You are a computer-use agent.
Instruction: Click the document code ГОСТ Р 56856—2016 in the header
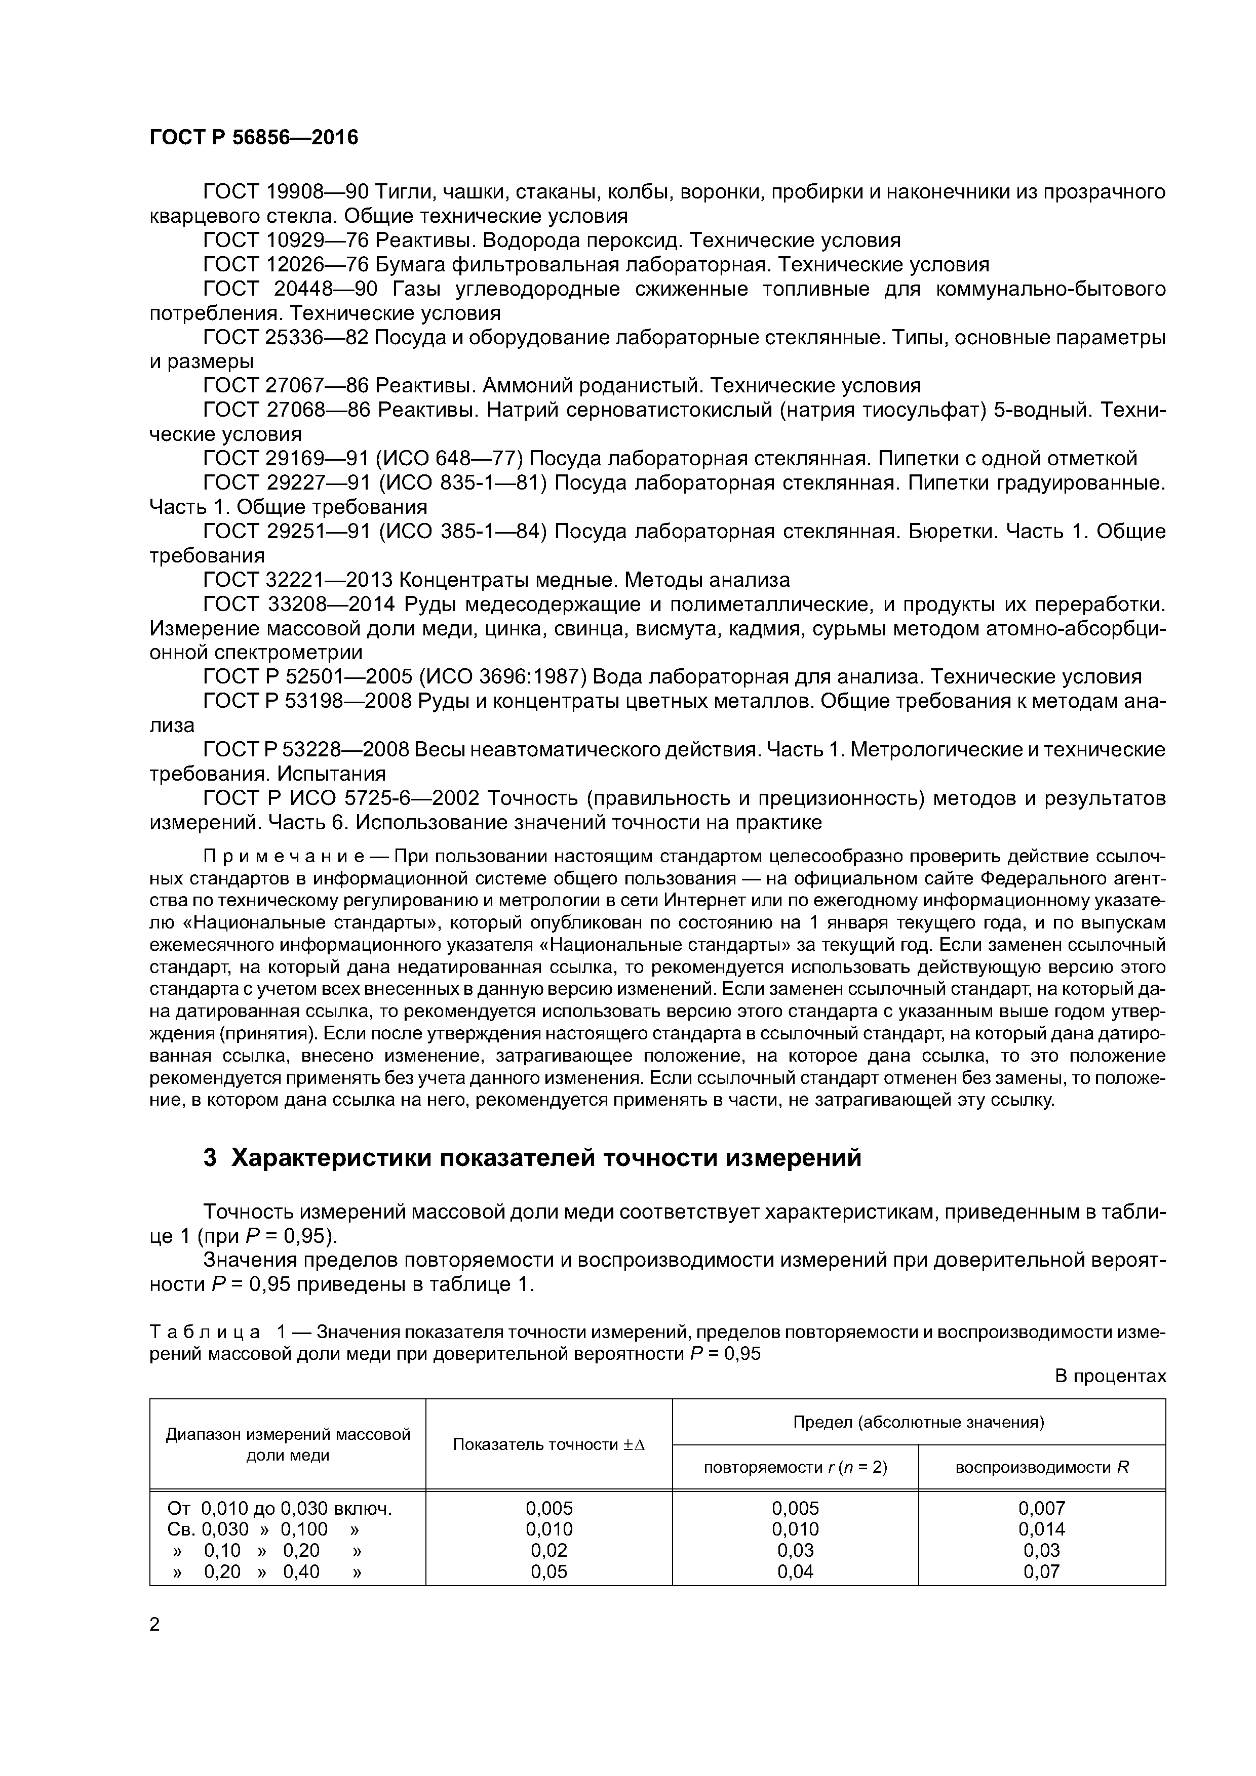(x=254, y=138)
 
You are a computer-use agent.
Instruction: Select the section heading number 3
(x=210, y=1158)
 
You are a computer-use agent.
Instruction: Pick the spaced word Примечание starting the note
(x=284, y=857)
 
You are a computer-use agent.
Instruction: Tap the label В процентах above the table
(x=1110, y=1376)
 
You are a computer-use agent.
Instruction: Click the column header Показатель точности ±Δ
(x=548, y=1444)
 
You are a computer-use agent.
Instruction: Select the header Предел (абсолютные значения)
(x=919, y=1422)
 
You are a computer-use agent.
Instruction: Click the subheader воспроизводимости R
(x=1042, y=1467)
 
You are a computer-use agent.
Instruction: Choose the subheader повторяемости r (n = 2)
(x=795, y=1467)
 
